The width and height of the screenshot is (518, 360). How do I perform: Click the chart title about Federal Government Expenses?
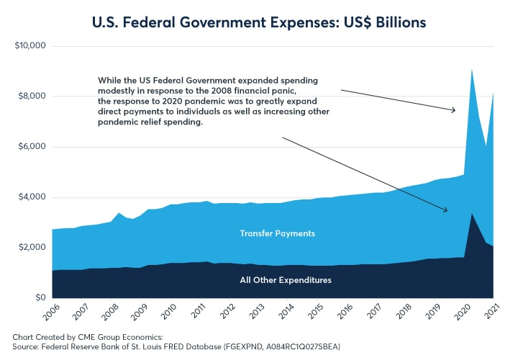click(258, 22)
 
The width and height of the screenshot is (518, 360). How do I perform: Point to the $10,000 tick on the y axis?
click(31, 46)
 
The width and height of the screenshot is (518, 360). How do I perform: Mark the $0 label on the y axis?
click(40, 298)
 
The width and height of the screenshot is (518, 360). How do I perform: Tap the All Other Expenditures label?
click(286, 279)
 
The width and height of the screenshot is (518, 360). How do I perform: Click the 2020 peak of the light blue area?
click(471, 69)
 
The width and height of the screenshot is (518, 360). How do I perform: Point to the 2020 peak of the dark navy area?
click(471, 214)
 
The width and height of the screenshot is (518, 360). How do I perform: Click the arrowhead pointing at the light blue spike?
click(454, 110)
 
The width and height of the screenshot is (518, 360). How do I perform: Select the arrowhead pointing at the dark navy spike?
click(446, 210)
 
